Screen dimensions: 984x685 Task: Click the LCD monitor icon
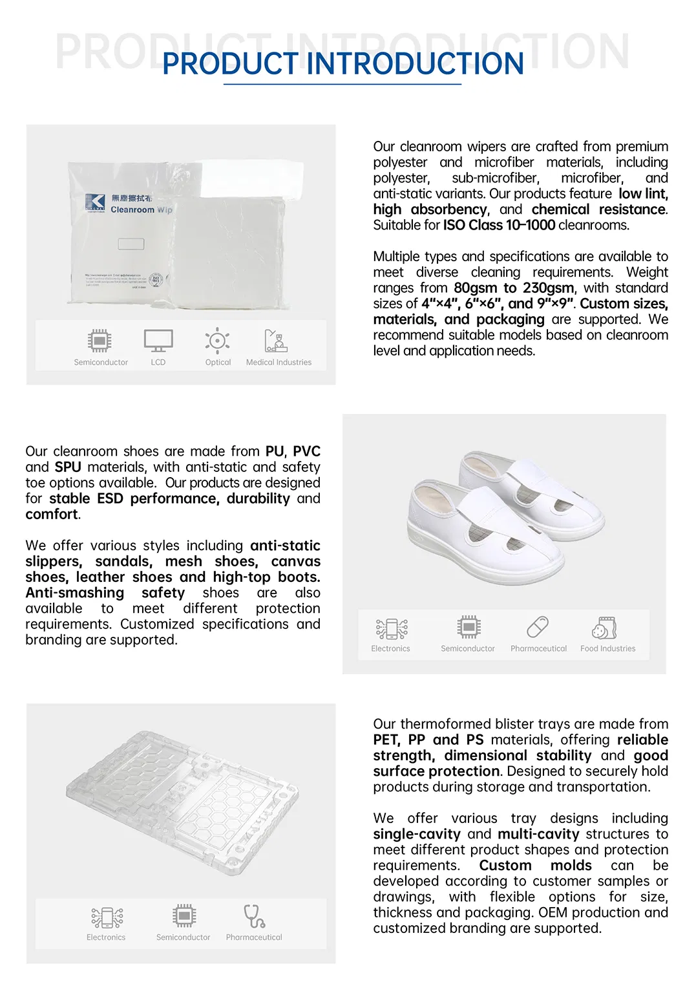coord(158,340)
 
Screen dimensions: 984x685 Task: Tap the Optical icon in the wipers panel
coord(218,340)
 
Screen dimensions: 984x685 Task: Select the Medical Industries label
coord(279,363)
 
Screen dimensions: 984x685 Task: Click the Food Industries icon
coord(605,627)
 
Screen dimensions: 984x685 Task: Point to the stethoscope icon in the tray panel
coord(254,916)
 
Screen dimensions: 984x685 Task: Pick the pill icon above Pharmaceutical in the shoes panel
coord(538,626)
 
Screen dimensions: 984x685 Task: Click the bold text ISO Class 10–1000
coord(499,226)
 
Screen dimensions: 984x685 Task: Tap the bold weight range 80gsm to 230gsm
coord(514,288)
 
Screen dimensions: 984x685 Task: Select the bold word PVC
coord(306,451)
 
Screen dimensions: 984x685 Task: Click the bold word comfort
coord(52,515)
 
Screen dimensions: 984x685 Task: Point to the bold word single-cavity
coord(417,835)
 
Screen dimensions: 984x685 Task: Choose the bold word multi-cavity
coord(538,835)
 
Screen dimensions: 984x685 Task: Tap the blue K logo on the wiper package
coord(95,201)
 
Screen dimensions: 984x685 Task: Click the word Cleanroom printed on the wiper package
coord(132,210)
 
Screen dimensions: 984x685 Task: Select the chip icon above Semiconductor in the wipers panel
coord(100,340)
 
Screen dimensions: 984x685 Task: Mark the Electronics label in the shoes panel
coord(390,649)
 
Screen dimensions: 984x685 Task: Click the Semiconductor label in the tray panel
coord(183,937)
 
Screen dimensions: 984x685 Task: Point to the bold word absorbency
coord(449,209)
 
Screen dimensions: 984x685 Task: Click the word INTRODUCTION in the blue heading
coord(415,64)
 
